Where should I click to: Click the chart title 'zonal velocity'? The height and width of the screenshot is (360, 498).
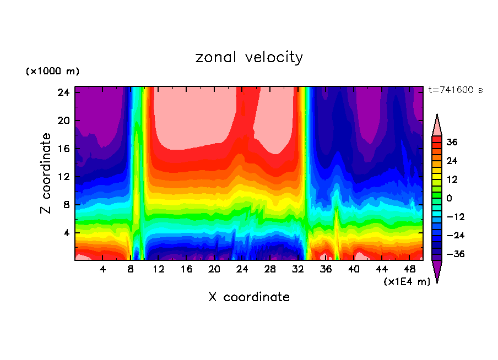pos(249,57)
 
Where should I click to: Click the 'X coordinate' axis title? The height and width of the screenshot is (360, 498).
pos(249,297)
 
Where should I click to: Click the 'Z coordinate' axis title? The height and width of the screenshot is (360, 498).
pos(46,173)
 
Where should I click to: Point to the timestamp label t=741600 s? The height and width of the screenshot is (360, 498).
pos(455,90)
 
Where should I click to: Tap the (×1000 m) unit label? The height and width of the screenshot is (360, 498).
pos(52,72)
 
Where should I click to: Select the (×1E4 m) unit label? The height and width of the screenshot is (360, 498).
pos(407,282)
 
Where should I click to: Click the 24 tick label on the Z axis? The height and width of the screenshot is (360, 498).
pos(64,92)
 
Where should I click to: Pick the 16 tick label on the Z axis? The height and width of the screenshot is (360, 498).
pos(64,149)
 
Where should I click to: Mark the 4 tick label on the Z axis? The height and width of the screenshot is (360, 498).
pos(67,233)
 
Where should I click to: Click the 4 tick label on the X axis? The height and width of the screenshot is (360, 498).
pos(103,269)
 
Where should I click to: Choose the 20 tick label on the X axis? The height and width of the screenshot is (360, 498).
pos(214,269)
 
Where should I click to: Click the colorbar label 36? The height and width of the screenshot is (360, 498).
pos(452,142)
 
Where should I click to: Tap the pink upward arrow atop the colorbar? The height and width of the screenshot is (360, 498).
pos(437,124)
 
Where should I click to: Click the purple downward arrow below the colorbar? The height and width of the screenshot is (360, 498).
pos(437,271)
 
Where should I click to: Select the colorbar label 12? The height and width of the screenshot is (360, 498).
pos(452,179)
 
